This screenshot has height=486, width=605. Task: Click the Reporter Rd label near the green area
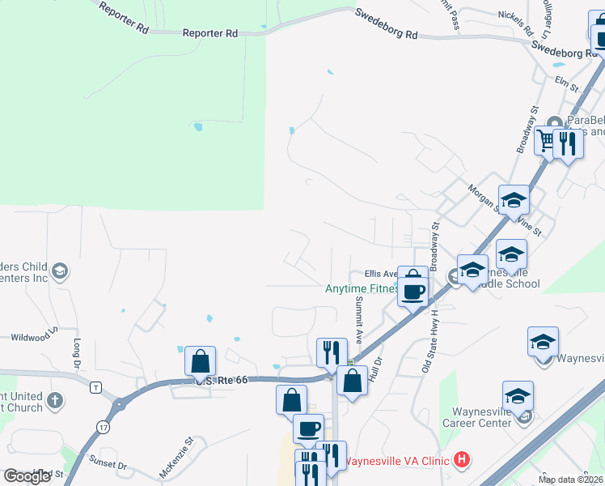[x=210, y=33]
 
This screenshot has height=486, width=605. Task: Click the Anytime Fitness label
[x=362, y=288]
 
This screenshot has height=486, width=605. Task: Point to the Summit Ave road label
[x=357, y=316]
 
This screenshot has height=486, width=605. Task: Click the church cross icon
[x=55, y=400]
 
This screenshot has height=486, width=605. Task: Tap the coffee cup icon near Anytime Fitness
[x=413, y=292]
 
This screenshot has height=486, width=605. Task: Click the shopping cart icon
[x=547, y=142]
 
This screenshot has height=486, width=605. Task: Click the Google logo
[x=27, y=476]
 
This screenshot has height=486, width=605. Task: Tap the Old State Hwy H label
[x=428, y=339]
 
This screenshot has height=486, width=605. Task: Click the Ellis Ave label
[x=380, y=274]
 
